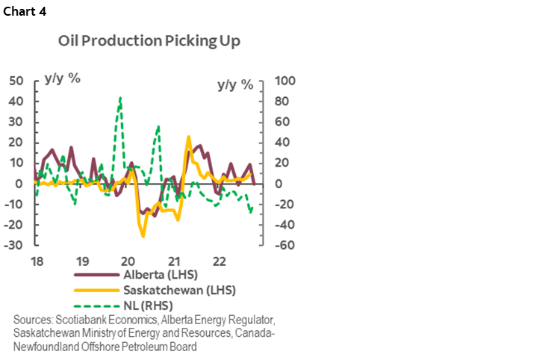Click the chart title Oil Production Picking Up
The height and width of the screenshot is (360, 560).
tap(149, 41)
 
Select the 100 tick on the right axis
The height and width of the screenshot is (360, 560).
tap(286, 80)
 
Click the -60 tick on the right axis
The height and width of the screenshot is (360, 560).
tap(285, 245)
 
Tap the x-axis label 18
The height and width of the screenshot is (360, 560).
tap(36, 262)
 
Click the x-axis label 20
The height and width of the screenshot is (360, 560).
tap(128, 262)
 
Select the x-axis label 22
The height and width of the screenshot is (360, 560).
tap(220, 262)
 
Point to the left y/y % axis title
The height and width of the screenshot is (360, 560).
tap(63, 78)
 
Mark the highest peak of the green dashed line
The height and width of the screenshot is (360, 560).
tap(120, 97)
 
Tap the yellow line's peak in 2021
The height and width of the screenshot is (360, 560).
tap(188, 137)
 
